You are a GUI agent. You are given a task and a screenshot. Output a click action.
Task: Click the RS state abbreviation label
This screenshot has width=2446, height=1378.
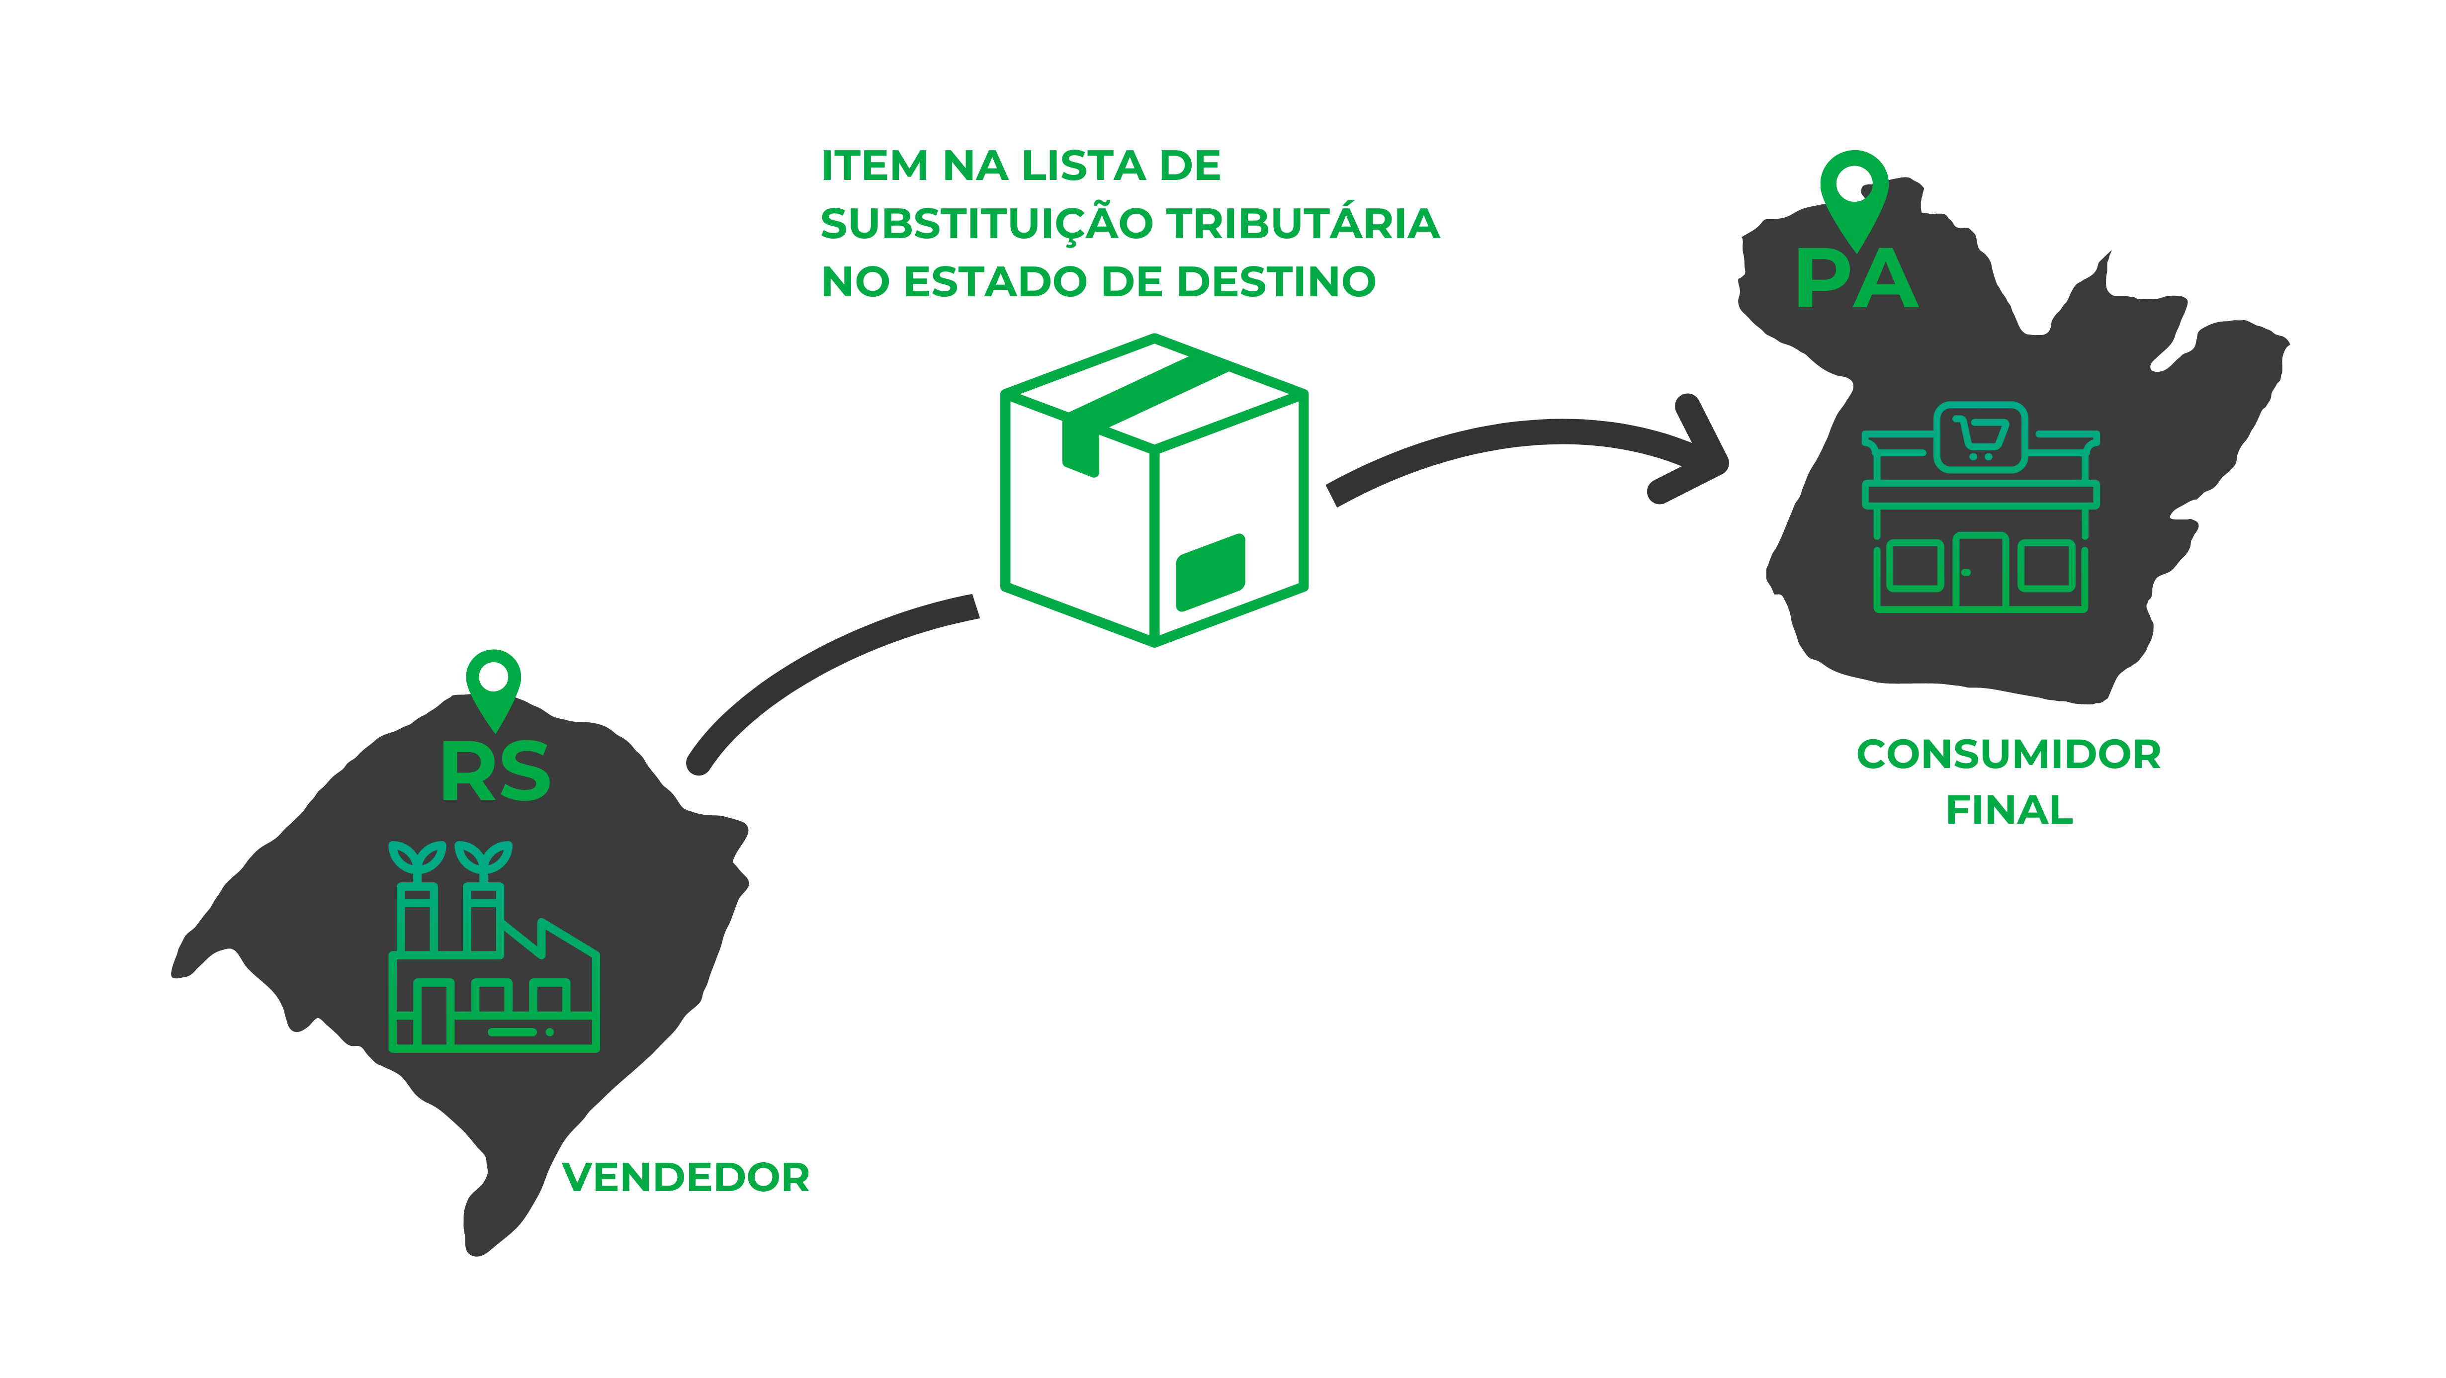[x=495, y=772]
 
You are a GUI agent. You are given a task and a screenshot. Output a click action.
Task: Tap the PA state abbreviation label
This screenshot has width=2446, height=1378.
[x=1855, y=280]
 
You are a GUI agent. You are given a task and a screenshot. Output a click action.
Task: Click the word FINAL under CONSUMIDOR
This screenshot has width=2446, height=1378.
[x=2009, y=810]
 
